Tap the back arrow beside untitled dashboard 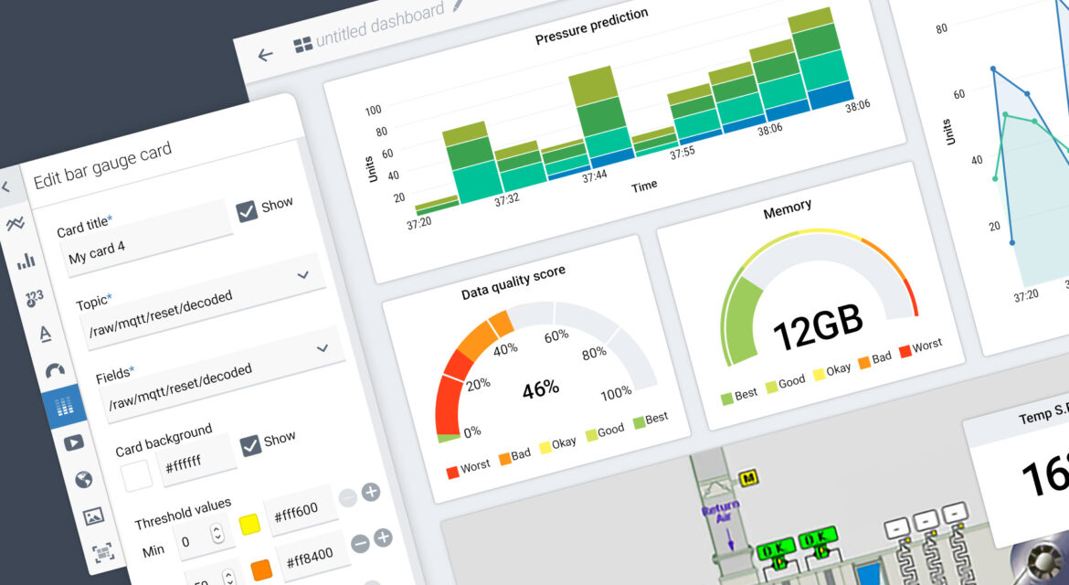265,55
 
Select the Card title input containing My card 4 142,239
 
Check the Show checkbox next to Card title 248,211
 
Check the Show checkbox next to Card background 250,445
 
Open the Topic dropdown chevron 303,274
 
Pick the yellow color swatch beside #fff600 248,524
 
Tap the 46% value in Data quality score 540,388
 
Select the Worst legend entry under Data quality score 468,468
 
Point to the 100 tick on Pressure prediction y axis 373,110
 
